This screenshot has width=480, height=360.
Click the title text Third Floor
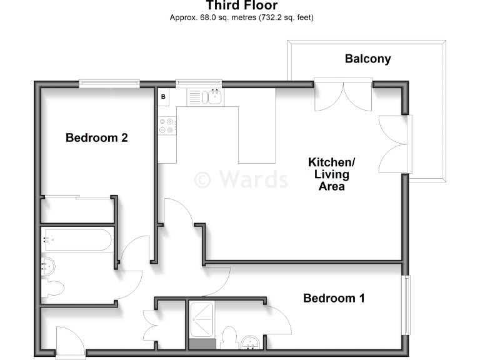click(241, 6)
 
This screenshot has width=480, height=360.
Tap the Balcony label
click(367, 59)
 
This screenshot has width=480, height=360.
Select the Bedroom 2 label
click(97, 137)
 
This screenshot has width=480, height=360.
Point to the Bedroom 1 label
click(334, 298)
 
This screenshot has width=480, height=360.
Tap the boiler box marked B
click(164, 97)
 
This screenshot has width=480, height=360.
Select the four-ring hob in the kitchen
click(167, 126)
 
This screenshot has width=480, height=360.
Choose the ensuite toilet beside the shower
click(229, 337)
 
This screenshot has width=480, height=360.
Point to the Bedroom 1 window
click(407, 305)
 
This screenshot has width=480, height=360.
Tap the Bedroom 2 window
click(109, 83)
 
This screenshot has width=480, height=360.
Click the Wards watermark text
click(241, 179)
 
